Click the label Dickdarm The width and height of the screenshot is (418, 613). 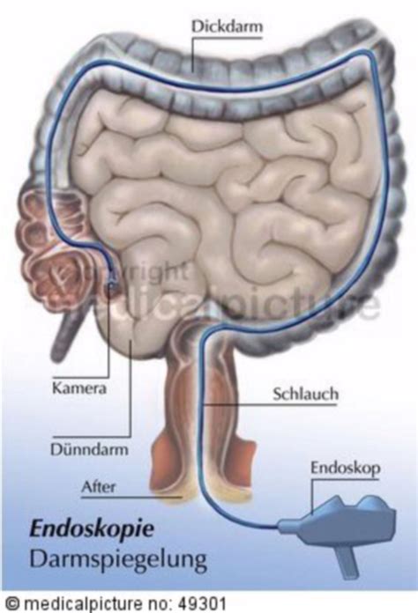point(227,26)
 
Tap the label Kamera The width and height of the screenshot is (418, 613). point(79,388)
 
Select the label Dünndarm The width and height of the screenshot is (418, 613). point(89,449)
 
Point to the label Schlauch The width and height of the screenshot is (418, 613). point(305,394)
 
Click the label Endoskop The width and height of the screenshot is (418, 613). point(345,468)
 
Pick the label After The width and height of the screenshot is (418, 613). point(98,487)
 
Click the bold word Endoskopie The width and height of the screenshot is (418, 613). point(92,530)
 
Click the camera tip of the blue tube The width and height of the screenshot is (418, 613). point(112,284)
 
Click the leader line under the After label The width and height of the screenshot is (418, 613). point(132,498)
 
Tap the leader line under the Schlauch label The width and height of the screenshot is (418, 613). point(270,405)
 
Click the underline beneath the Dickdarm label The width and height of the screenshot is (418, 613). point(228,38)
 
